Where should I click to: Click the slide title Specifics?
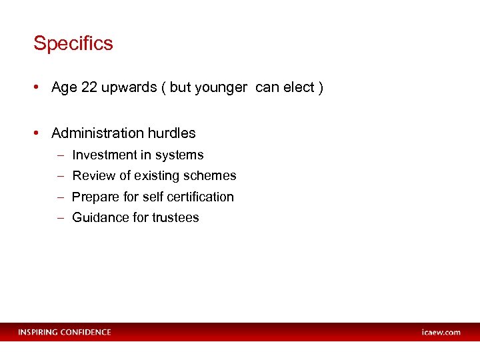(73, 44)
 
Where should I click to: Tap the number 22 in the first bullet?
(89, 89)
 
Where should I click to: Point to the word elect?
(298, 89)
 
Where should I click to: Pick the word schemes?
(210, 176)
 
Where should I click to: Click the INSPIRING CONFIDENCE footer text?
(65, 332)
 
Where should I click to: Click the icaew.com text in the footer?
(441, 332)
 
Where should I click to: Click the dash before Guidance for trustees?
(60, 218)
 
